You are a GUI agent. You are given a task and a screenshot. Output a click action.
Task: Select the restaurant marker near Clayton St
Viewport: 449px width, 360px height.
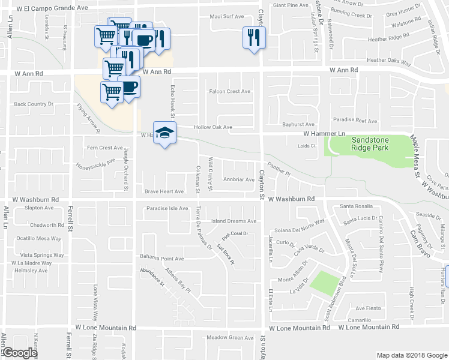253,39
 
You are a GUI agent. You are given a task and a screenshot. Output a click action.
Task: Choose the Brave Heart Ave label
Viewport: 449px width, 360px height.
164,191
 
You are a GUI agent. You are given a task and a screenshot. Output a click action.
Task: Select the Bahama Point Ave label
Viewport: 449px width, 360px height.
162,257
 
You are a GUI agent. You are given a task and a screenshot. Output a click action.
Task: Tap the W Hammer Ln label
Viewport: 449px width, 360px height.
325,133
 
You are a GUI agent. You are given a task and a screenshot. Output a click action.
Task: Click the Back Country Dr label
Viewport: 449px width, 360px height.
34,104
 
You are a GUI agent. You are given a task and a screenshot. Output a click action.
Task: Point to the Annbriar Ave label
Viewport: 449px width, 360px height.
239,179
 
